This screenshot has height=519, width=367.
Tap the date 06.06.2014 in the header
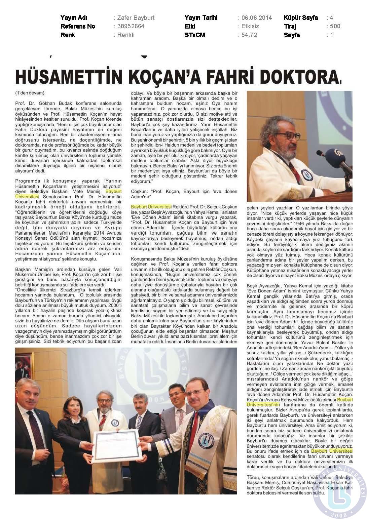click(257, 18)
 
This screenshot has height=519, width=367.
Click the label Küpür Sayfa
click(301, 18)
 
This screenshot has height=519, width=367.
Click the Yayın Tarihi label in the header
click(201, 18)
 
